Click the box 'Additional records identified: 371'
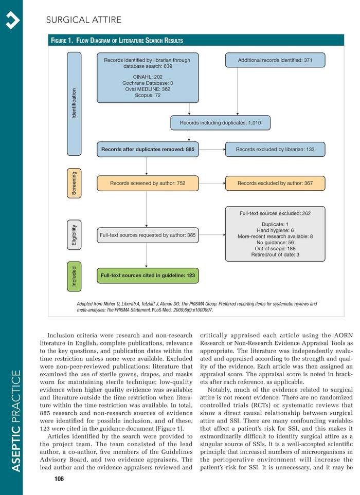coord(275,60)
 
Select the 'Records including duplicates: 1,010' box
coord(221,123)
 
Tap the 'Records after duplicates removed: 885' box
coord(147,150)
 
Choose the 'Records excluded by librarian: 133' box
coord(275,150)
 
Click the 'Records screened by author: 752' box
coord(147,182)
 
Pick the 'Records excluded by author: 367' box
coord(275,182)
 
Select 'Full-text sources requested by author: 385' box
coord(148,235)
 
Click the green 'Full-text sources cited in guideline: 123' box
coord(148,276)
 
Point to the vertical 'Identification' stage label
coord(74,104)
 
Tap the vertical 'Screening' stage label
coord(74,184)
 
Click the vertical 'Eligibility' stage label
coord(74,235)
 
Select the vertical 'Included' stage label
coord(74,276)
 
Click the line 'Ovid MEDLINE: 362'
coord(147,89)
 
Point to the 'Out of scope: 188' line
coord(275,248)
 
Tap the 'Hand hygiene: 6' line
coord(275,230)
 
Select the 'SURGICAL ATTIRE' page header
coord(83,21)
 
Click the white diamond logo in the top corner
coord(11,19)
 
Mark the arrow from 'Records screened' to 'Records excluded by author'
coord(211,182)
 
